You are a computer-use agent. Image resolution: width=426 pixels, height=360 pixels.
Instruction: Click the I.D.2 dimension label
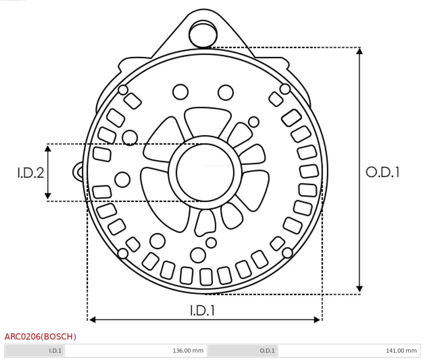(30, 173)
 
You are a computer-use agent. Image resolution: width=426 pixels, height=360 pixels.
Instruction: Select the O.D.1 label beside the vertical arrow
(383, 172)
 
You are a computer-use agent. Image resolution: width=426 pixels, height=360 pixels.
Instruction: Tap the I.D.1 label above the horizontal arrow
(203, 310)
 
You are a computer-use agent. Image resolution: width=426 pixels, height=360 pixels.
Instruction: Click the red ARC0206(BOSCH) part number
(40, 337)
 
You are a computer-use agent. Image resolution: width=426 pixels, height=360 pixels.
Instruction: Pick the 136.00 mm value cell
(136, 351)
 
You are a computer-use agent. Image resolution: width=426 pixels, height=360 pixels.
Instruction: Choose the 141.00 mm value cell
(349, 351)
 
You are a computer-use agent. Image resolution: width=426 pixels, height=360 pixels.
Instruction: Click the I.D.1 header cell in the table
(35, 351)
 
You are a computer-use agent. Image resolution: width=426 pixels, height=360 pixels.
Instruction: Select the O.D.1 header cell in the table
(242, 351)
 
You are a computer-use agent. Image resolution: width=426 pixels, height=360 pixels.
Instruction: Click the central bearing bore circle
(205, 144)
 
